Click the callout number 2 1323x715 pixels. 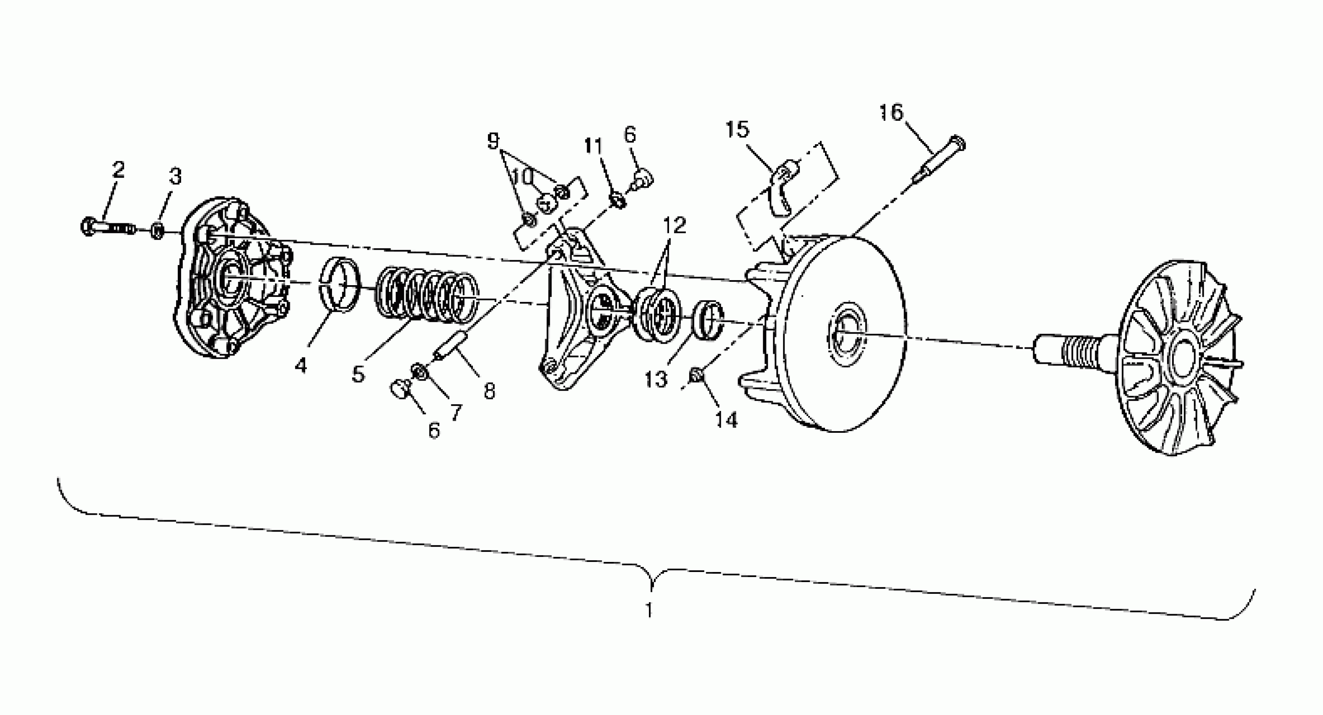point(119,169)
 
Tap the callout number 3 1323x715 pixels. point(176,176)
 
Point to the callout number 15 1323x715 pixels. point(738,130)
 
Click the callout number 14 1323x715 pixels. point(726,420)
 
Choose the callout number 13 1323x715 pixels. point(656,380)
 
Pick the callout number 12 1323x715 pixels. point(675,225)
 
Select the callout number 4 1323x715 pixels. point(300,366)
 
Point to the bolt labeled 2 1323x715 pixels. point(108,227)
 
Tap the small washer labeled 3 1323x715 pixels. point(158,230)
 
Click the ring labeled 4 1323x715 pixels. point(340,284)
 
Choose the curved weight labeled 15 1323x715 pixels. point(783,190)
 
